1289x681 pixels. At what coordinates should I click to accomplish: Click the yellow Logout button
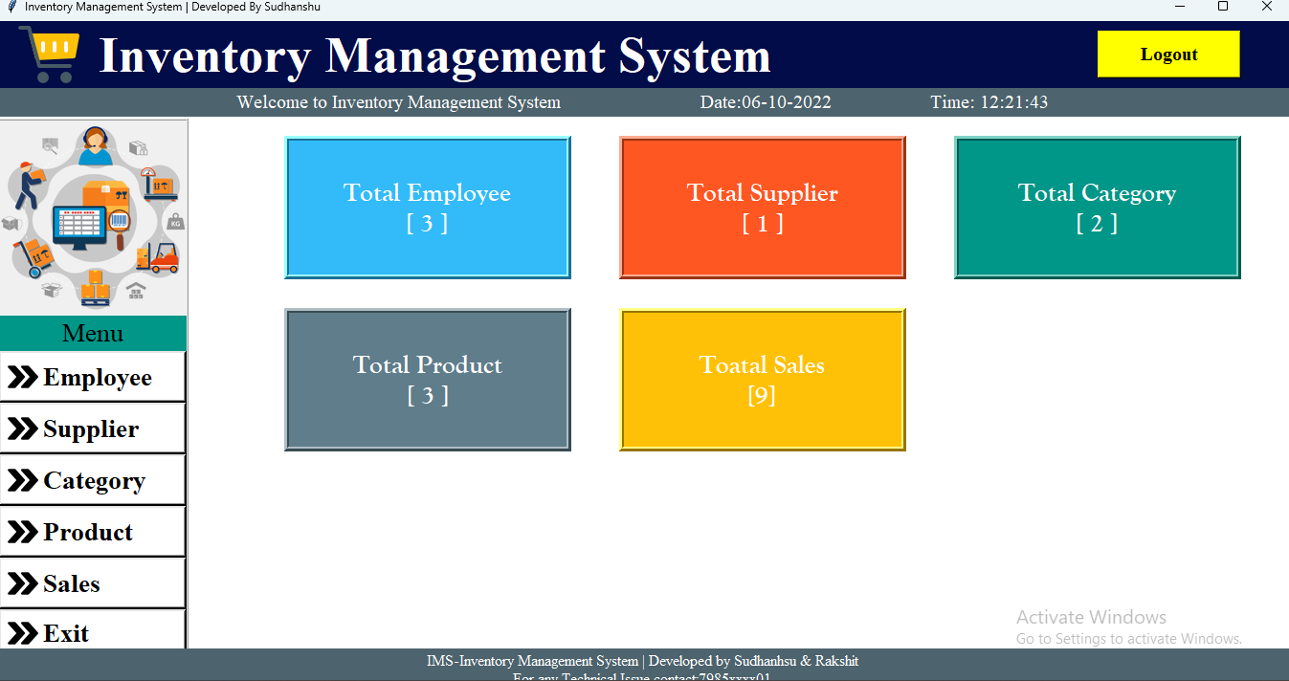[1168, 55]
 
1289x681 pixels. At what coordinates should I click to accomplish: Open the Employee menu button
[93, 378]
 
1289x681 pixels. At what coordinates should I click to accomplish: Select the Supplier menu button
[93, 429]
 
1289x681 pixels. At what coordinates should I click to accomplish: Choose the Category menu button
[93, 481]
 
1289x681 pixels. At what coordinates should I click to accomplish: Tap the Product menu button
[93, 533]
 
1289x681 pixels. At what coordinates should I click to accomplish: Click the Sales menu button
[93, 583]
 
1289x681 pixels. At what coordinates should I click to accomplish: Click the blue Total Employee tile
[428, 208]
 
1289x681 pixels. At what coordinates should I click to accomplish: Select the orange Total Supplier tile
[763, 208]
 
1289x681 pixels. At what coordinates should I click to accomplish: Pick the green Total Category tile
[1097, 208]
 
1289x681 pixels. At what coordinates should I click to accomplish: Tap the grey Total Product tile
[428, 380]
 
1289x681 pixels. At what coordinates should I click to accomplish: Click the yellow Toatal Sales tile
[763, 380]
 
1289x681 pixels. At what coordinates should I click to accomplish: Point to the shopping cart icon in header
[49, 54]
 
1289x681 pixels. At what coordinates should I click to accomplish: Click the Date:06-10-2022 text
[766, 102]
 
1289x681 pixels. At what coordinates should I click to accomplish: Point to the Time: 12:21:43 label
[989, 102]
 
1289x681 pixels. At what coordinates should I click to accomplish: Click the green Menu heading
[93, 334]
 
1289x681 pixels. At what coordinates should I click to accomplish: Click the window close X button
[1266, 7]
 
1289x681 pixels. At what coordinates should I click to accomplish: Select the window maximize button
[1222, 7]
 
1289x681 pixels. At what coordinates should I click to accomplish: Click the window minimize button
[1179, 7]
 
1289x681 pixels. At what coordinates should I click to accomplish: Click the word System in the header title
[694, 55]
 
